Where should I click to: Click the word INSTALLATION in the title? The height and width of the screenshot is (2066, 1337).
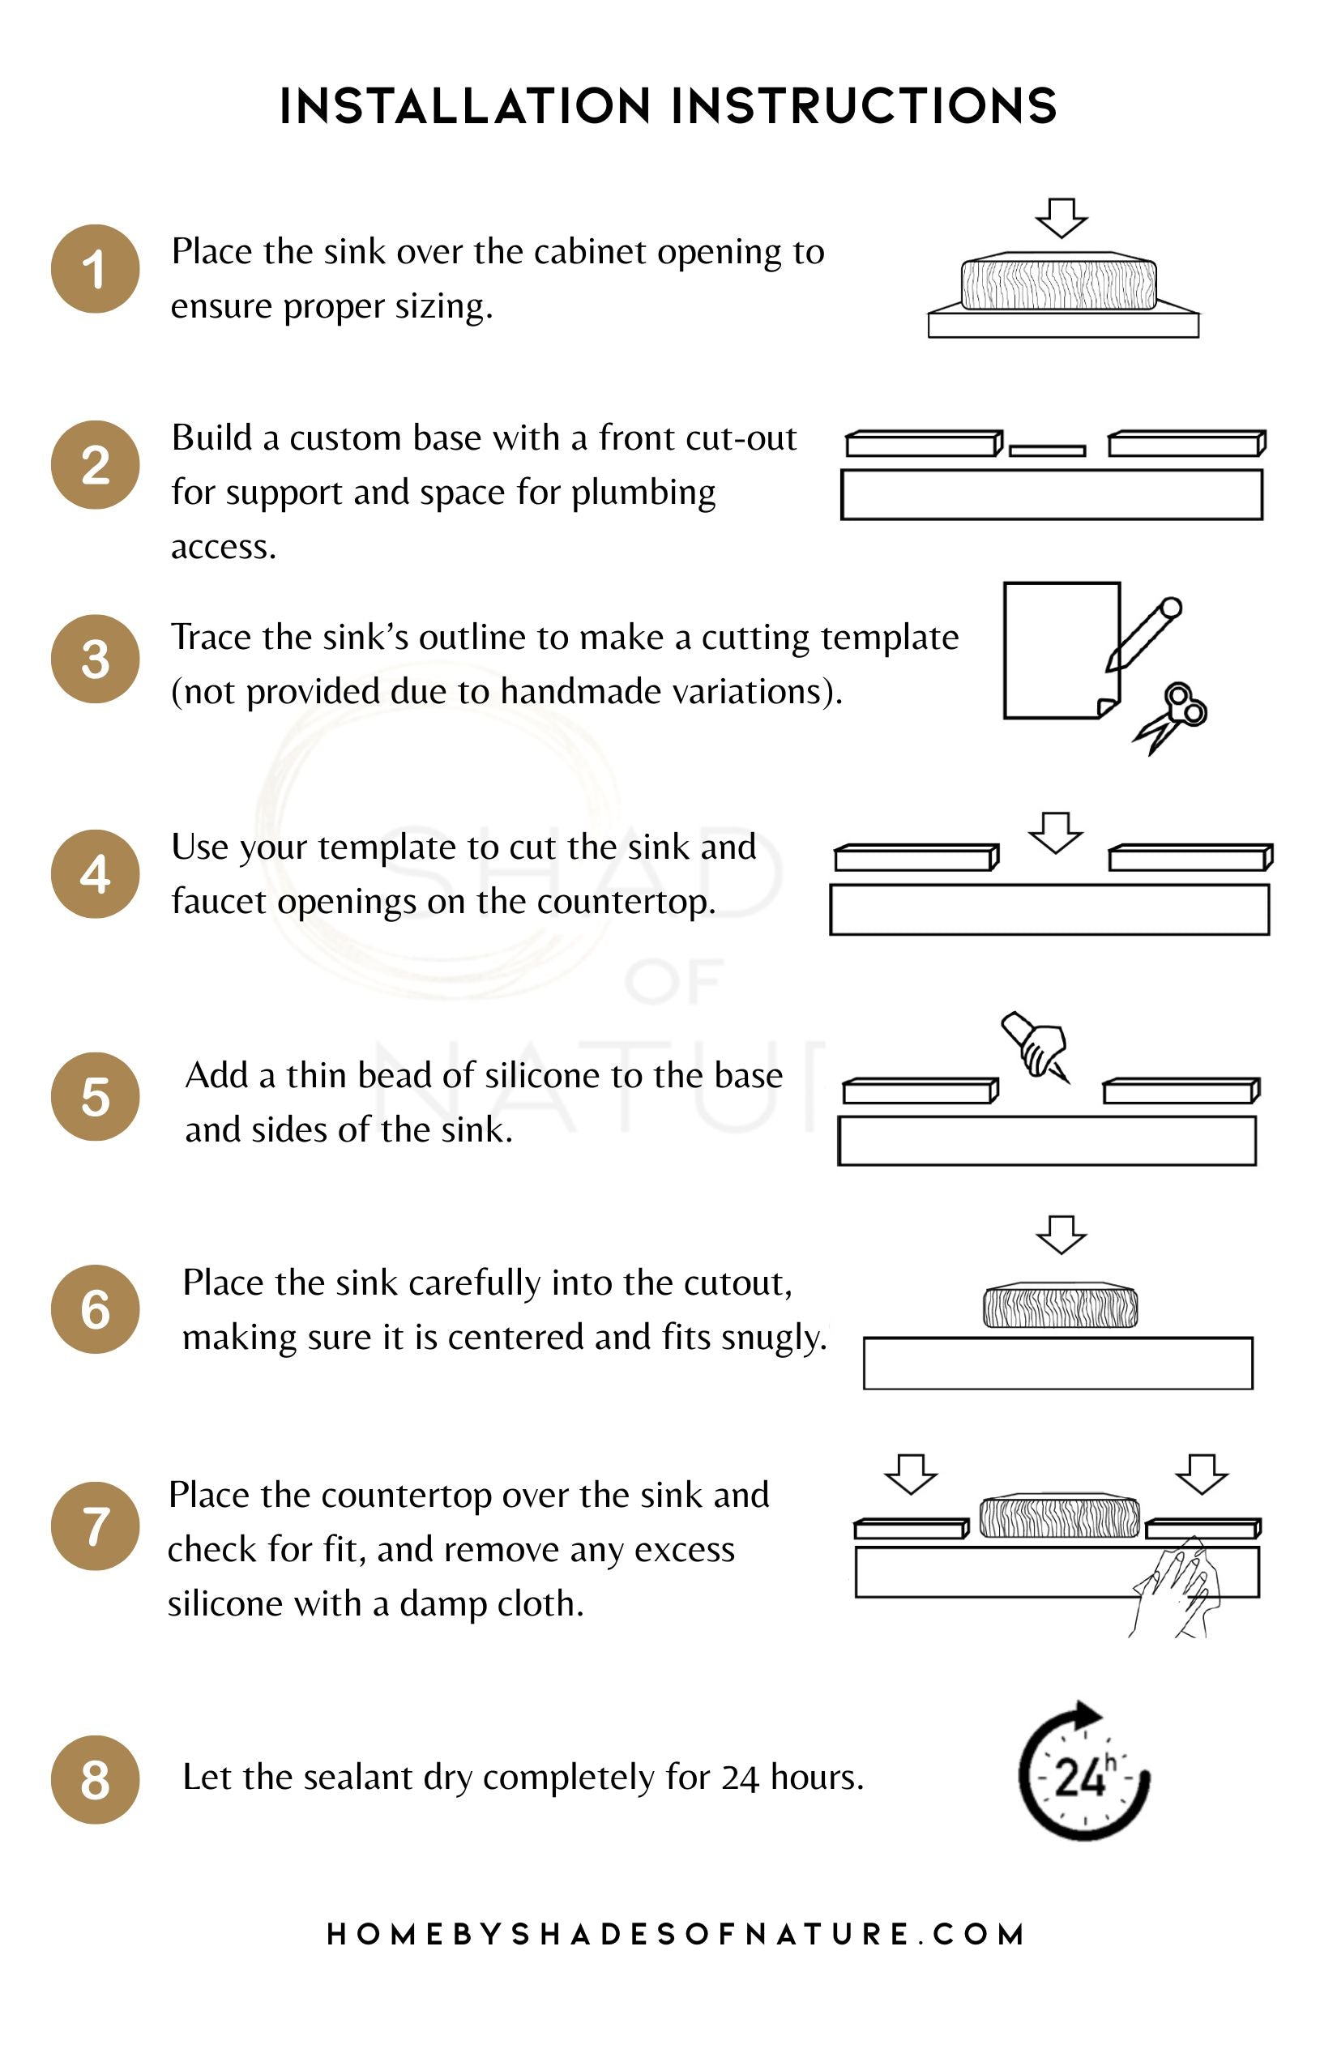tap(465, 107)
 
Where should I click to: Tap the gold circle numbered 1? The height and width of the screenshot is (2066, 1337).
tap(96, 269)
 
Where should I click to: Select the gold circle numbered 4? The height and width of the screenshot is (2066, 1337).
tap(96, 873)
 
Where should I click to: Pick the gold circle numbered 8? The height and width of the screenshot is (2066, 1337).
tap(96, 1779)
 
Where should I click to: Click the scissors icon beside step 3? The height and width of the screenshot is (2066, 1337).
tap(1171, 719)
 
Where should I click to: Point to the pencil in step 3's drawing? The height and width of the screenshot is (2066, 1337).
tap(1144, 634)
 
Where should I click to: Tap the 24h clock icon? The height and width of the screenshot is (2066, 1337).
tap(1084, 1772)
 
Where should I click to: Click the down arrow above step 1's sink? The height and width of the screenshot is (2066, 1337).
tap(1061, 218)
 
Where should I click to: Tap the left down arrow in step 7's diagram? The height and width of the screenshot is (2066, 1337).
tap(911, 1474)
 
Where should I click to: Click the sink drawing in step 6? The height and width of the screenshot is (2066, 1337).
tap(1060, 1304)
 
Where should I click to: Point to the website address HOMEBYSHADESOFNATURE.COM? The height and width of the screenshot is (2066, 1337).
tap(677, 1934)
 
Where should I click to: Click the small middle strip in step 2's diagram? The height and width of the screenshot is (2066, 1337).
tap(1048, 450)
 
